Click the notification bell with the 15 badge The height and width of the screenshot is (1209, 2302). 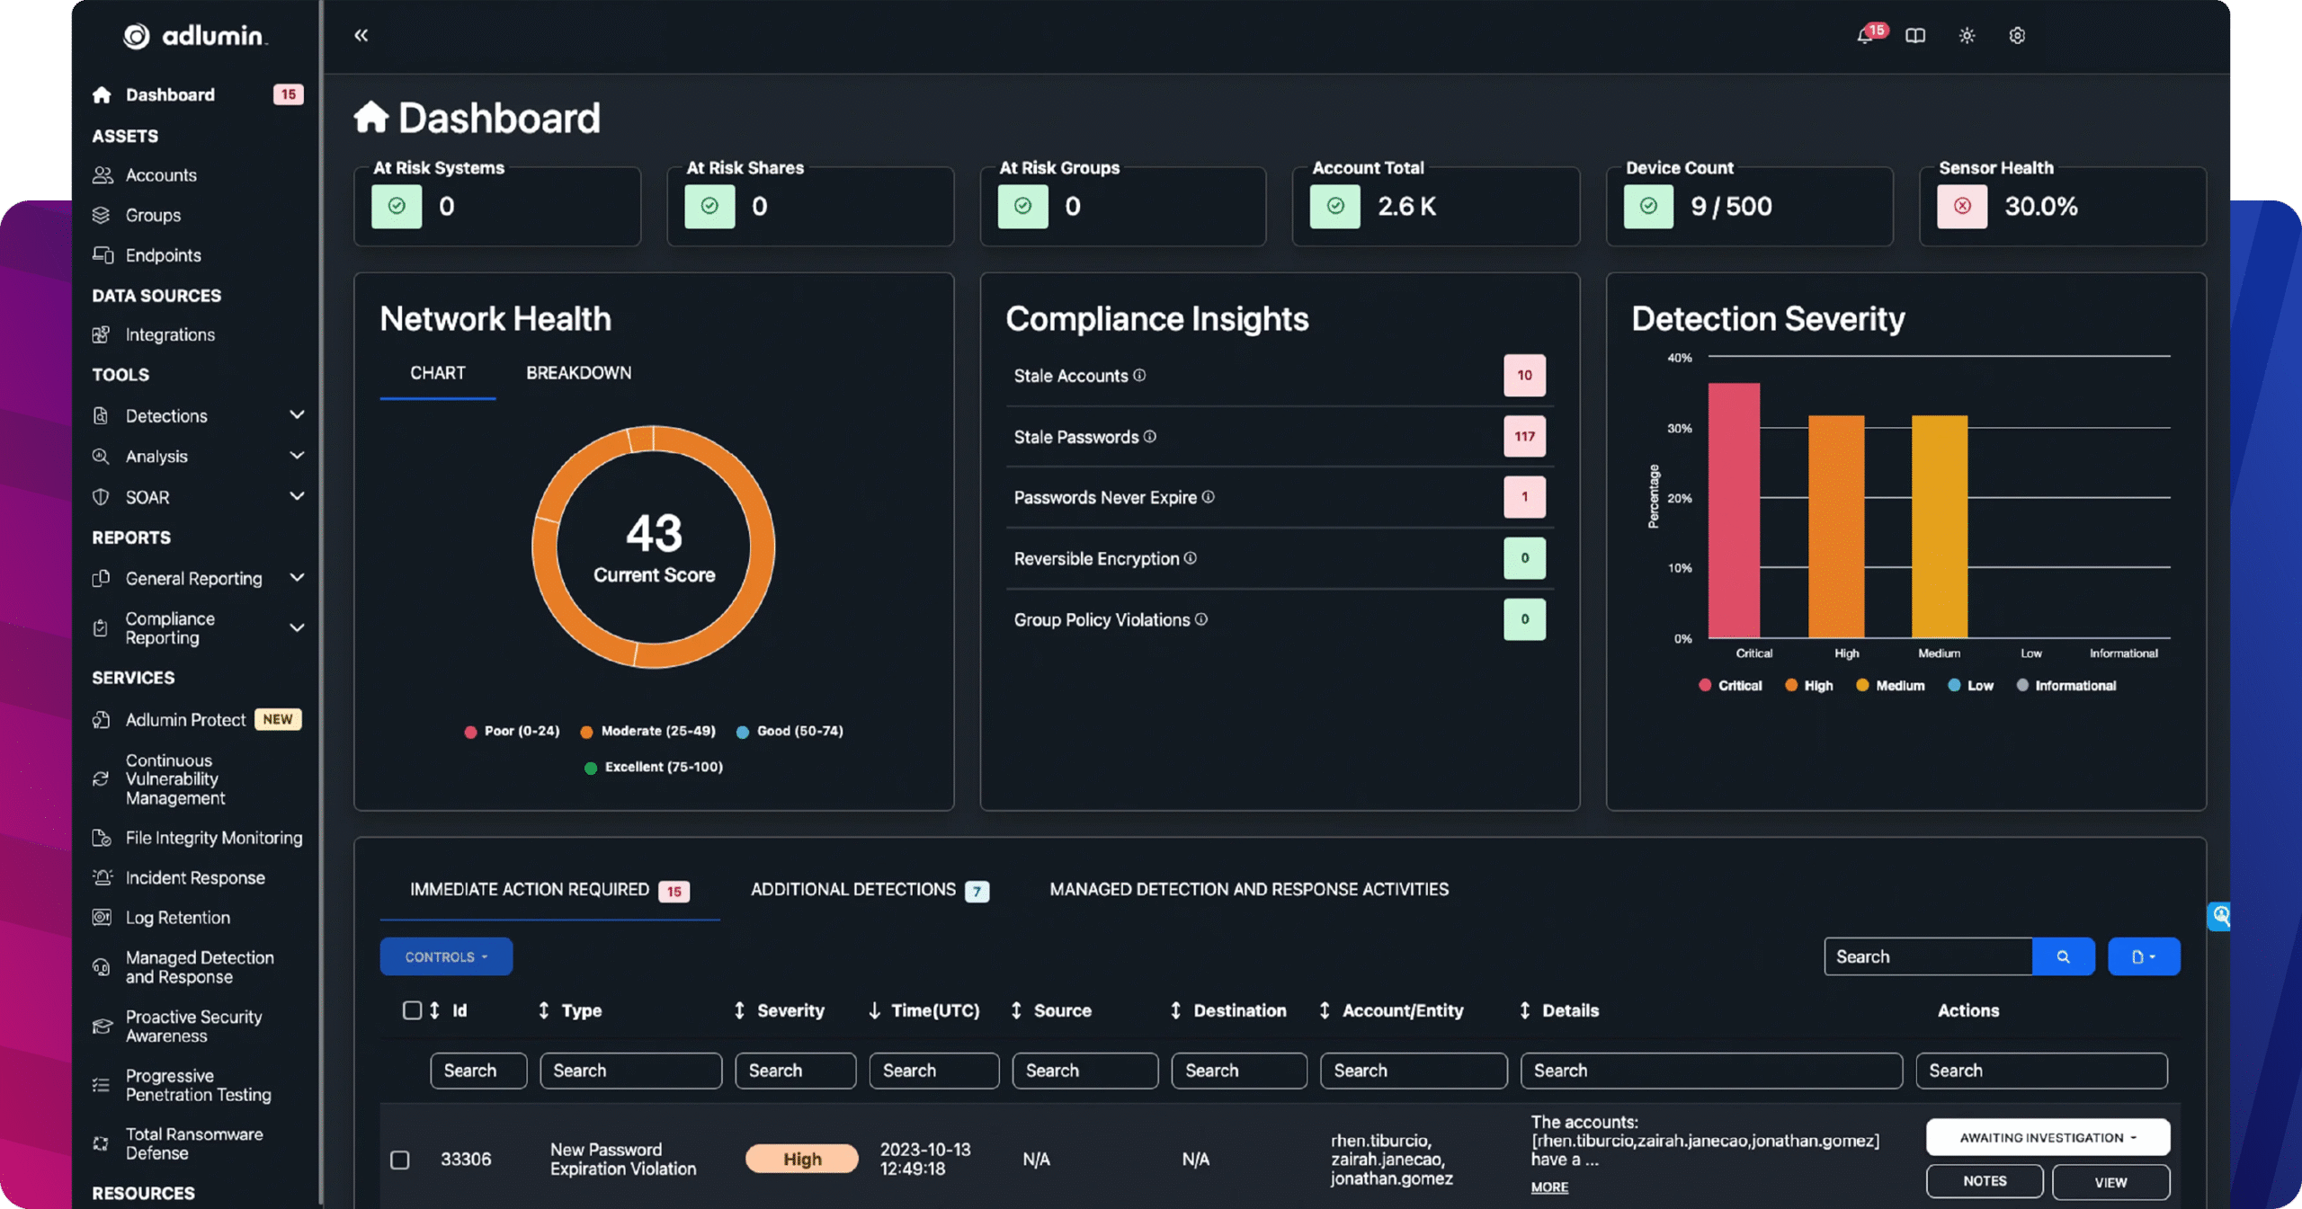coord(1866,36)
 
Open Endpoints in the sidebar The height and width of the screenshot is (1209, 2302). coord(163,255)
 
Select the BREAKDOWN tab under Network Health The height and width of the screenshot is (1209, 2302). coord(578,373)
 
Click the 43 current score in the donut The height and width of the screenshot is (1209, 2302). coord(654,533)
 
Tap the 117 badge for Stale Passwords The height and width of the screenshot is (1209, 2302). coord(1524,437)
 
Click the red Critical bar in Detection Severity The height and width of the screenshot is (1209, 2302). coord(1733,512)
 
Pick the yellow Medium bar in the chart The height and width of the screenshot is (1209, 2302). coord(1939,530)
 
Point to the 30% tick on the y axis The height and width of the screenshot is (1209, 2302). coord(1679,429)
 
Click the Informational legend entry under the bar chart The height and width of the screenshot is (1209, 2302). coord(2074,686)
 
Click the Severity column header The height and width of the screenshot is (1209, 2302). coord(790,1010)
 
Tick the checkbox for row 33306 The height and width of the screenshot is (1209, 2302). coord(400,1160)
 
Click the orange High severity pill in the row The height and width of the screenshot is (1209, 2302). coord(801,1160)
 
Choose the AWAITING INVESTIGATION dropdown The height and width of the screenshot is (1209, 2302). coord(2047,1138)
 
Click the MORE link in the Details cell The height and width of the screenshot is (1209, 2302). coord(1548,1187)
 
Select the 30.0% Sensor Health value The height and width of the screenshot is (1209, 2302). coord(2040,207)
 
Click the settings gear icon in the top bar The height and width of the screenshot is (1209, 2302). coord(2017,36)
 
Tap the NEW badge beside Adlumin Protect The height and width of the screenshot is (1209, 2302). coord(278,719)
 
